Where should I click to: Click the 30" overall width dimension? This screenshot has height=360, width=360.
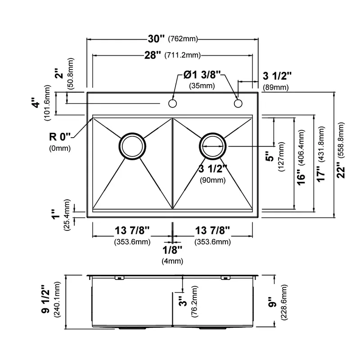pos(156,39)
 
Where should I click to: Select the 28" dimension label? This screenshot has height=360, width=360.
pos(153,55)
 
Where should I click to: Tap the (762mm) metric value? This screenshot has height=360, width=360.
pos(183,39)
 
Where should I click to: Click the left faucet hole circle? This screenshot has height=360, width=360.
pos(172,103)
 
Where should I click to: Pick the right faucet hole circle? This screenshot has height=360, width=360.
pos(238,103)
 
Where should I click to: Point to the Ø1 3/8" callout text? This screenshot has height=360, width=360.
pos(202,75)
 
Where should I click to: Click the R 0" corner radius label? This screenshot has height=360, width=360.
pos(60,137)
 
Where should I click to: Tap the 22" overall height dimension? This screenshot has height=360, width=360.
pos(341,170)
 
